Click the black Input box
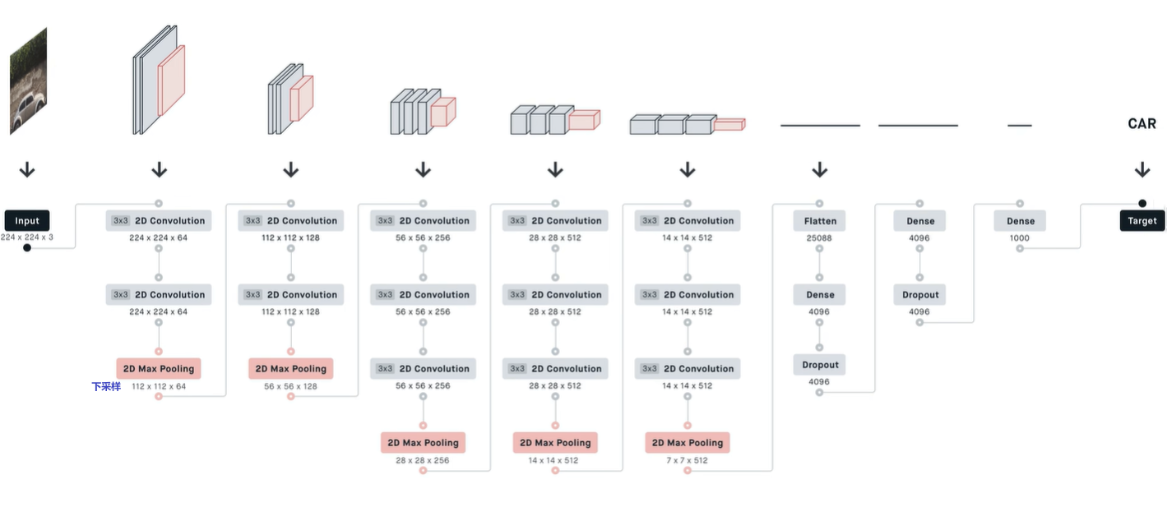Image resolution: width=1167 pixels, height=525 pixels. click(27, 220)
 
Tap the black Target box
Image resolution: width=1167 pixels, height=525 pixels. click(1142, 220)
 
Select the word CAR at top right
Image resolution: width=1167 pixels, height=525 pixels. click(1142, 124)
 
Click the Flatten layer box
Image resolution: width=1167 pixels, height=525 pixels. click(820, 220)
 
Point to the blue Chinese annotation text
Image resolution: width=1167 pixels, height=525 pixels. click(106, 386)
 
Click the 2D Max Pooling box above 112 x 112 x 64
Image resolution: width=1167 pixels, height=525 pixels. click(159, 368)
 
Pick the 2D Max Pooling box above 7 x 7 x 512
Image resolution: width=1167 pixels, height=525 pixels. click(687, 442)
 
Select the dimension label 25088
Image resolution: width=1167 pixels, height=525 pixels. click(819, 237)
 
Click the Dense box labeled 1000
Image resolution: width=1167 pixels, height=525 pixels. click(1020, 220)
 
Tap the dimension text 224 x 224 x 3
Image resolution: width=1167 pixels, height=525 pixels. click(27, 237)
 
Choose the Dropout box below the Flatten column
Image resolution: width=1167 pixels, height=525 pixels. click(820, 365)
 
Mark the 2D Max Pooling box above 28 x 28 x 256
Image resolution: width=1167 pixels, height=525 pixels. click(423, 442)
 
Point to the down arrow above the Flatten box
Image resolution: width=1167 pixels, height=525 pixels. click(819, 170)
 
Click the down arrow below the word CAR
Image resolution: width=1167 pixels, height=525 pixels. click(1142, 170)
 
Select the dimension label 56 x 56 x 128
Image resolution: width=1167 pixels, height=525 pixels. click(290, 386)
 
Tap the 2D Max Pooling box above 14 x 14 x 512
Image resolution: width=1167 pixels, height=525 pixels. click(555, 442)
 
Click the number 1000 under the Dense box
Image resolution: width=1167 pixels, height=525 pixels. click(1020, 237)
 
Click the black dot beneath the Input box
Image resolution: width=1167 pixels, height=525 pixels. click(27, 247)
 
